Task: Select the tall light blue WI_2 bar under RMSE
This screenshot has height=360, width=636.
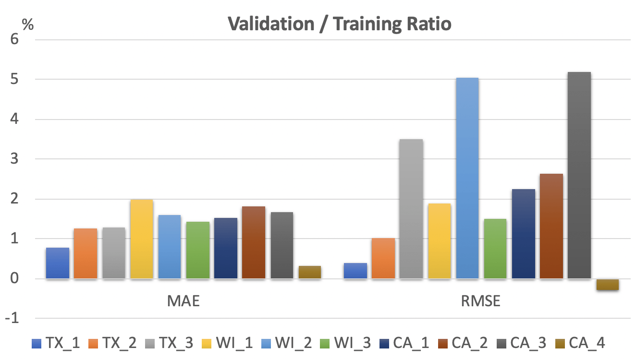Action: [x=467, y=178]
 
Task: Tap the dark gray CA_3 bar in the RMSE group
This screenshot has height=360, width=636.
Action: [x=579, y=175]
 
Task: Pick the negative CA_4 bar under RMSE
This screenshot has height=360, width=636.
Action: [x=607, y=285]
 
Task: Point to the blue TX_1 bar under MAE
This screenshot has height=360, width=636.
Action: [x=58, y=263]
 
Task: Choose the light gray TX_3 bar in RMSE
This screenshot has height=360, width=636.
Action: [x=411, y=209]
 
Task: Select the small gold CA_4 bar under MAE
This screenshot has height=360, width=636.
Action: [x=309, y=272]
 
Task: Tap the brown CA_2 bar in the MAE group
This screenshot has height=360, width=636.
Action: [x=254, y=242]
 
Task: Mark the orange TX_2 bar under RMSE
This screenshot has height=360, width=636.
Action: [x=383, y=258]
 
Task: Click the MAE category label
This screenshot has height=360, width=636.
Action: [x=183, y=301]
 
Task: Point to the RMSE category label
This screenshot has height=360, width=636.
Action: [x=480, y=301]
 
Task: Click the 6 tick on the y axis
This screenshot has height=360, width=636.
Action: [x=14, y=39]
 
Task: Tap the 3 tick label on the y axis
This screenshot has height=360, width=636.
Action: [x=14, y=159]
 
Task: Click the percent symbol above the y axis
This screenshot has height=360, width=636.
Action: [x=28, y=24]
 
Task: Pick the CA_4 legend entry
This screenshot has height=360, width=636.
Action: [x=581, y=343]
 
